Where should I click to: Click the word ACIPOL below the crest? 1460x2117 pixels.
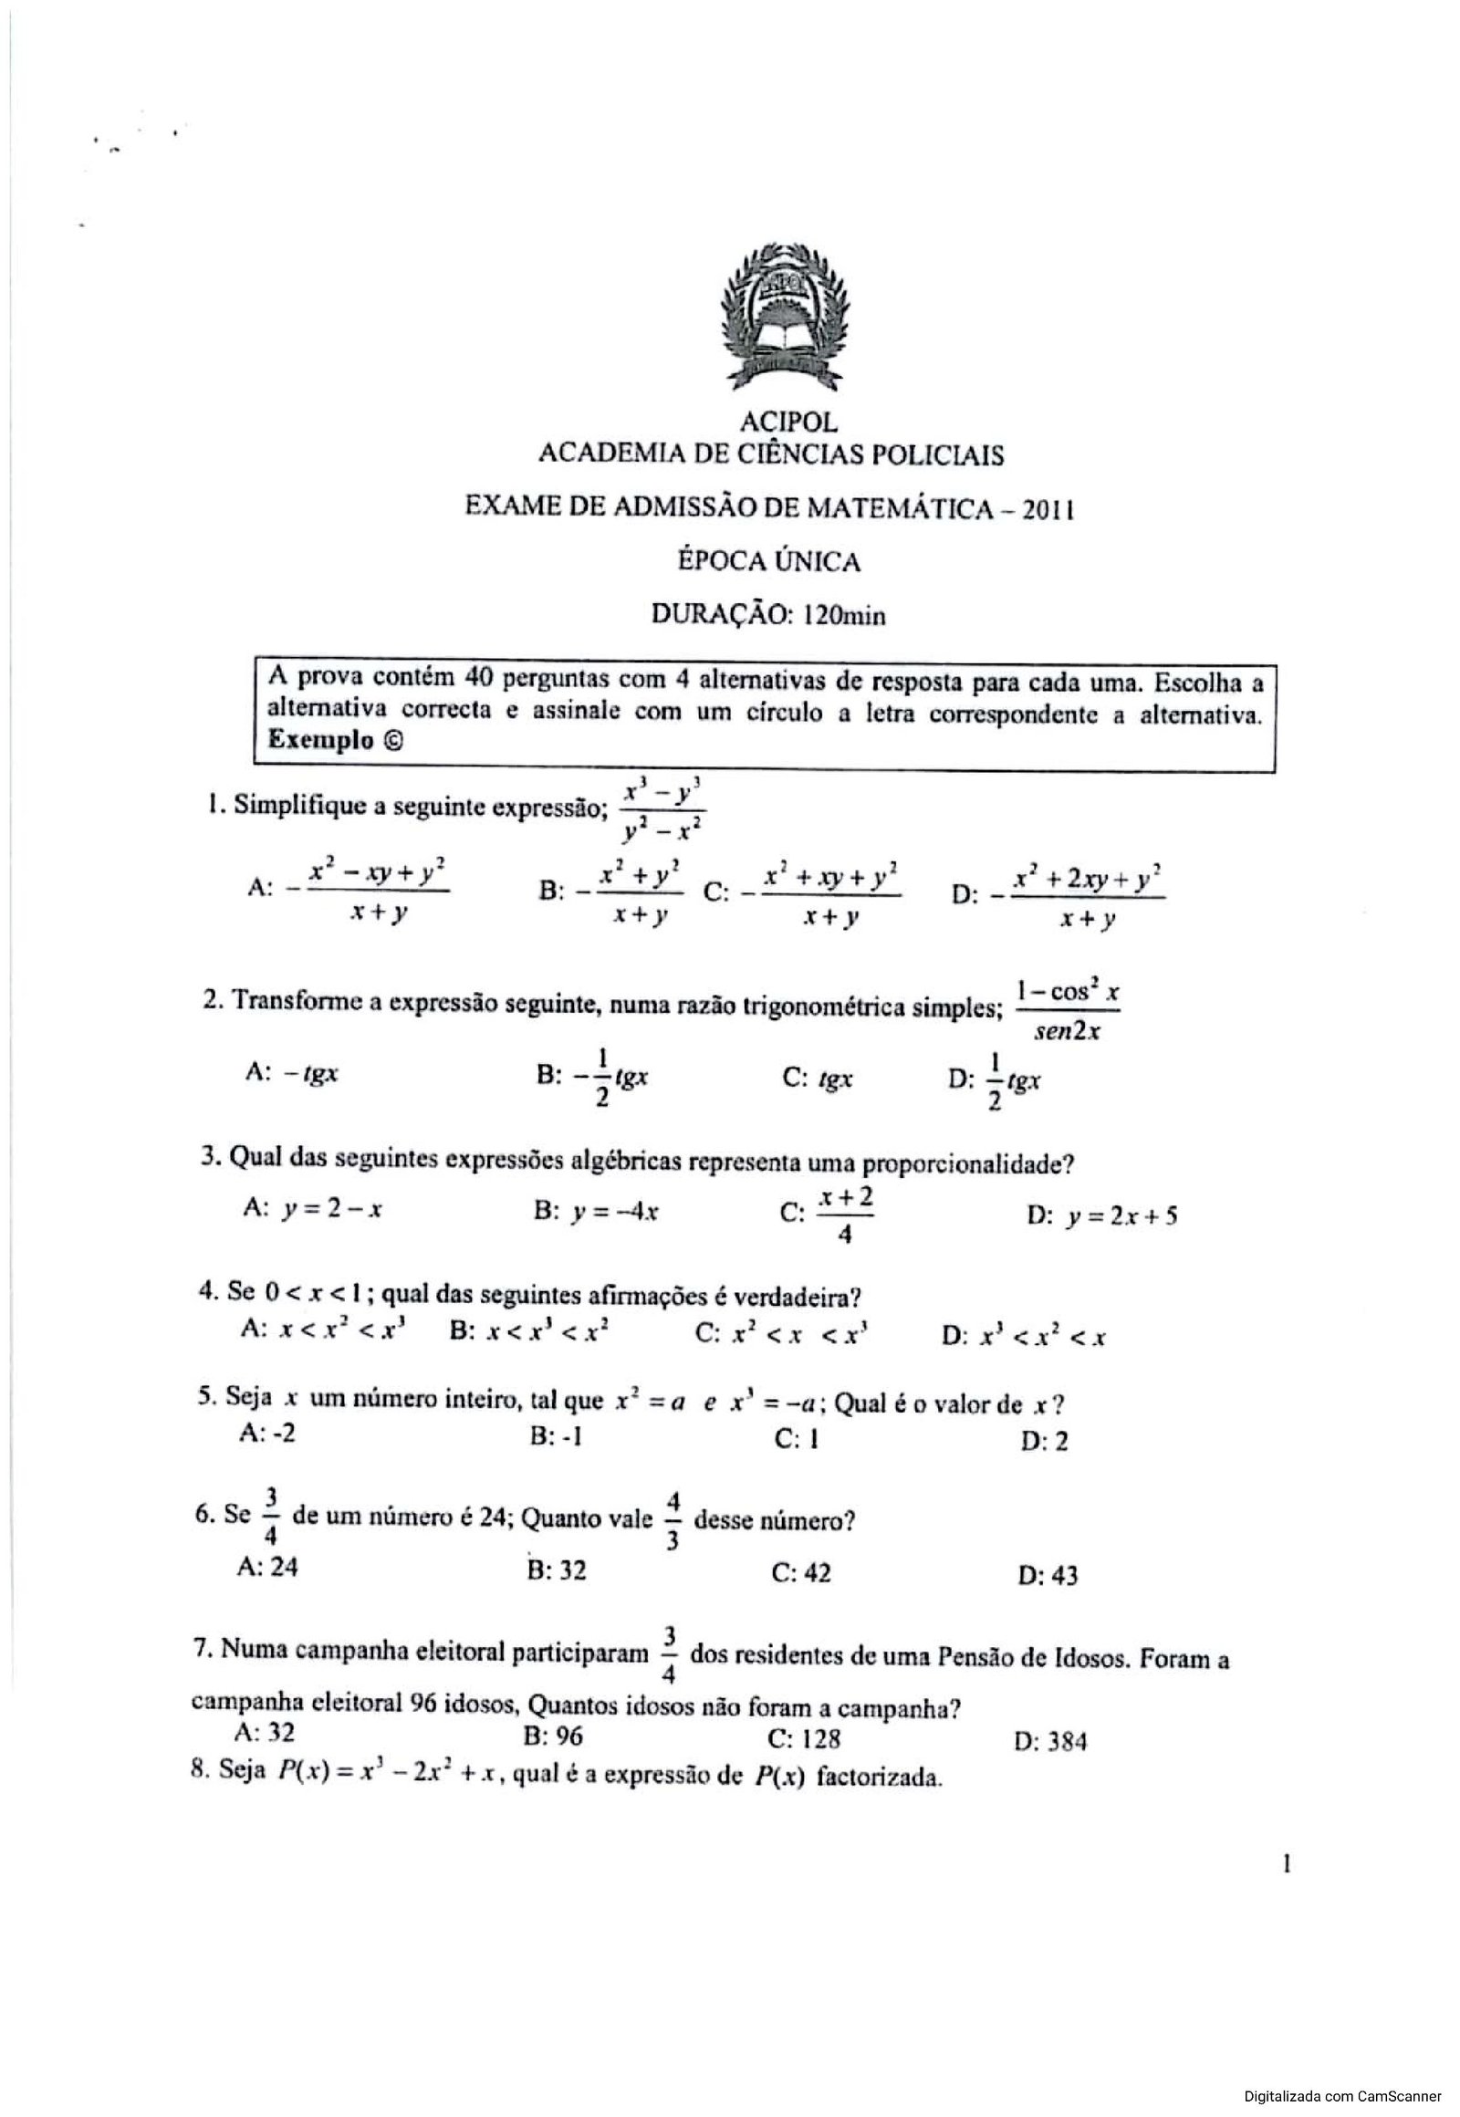788,422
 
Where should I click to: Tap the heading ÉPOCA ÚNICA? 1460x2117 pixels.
768,561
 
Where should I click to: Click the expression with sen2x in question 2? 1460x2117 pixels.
1067,1011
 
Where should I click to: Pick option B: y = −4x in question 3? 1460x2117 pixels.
598,1211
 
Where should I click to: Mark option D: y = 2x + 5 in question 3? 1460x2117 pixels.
1102,1215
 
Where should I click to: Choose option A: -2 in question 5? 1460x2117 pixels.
266,1433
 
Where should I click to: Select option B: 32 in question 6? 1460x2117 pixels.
558,1569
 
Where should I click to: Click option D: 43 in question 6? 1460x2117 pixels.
1048,1574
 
